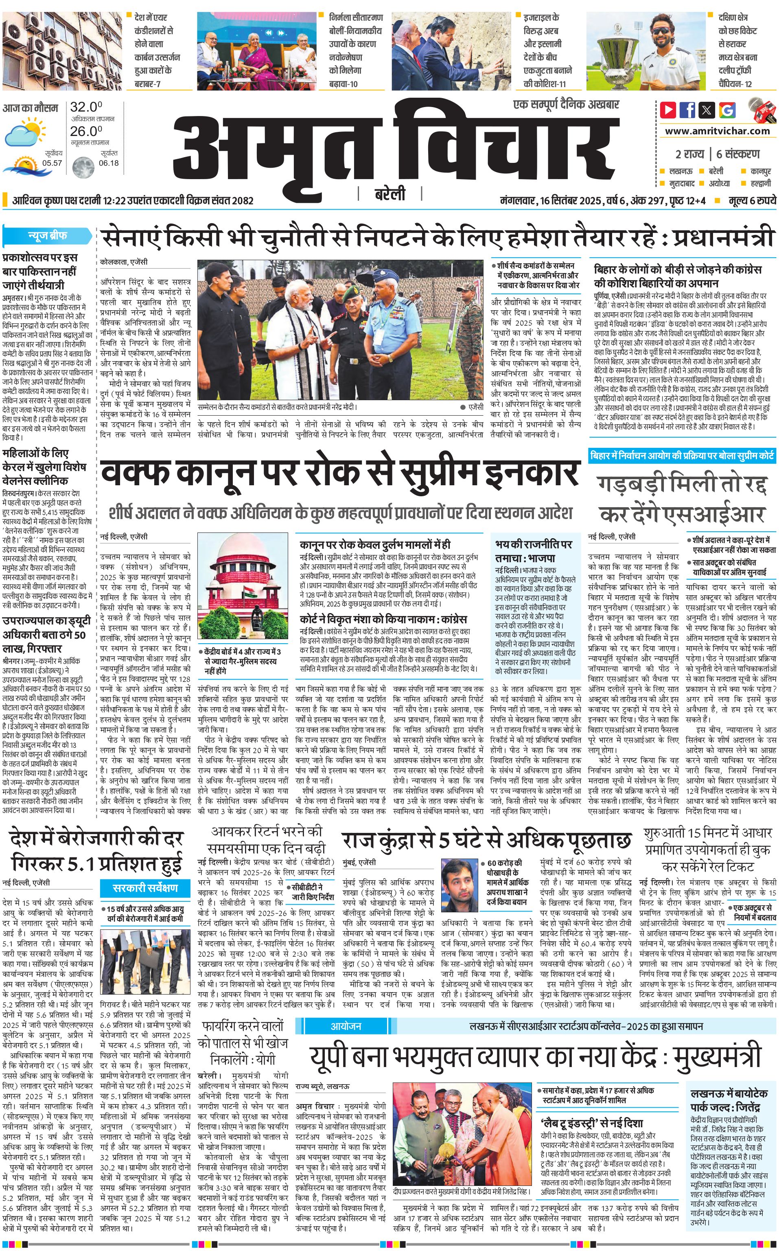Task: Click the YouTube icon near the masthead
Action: click(668, 110)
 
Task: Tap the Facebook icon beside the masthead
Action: click(687, 110)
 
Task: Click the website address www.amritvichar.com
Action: click(717, 131)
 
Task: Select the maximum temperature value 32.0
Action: click(86, 107)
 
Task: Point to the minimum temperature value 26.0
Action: click(86, 131)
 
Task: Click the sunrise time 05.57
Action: click(52, 163)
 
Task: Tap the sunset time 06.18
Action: click(108, 163)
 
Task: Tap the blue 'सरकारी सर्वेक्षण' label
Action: click(145, 887)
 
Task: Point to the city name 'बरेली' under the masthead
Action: click(389, 194)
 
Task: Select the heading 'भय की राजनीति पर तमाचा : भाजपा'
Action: click(533, 551)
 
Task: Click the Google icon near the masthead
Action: click(727, 110)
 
